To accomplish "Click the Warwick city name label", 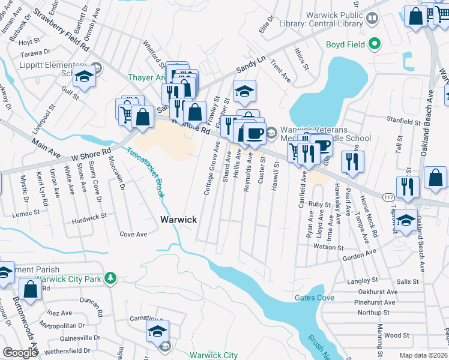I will [178, 220].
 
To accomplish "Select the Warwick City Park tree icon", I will [110, 278].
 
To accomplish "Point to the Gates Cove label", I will [314, 298].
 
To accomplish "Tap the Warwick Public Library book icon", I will [372, 19].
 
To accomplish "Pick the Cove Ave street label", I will [133, 234].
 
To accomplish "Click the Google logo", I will [20, 352].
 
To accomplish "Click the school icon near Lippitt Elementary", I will [85, 76].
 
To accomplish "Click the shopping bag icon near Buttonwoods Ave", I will [30, 289].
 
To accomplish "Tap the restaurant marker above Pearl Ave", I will [352, 160].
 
